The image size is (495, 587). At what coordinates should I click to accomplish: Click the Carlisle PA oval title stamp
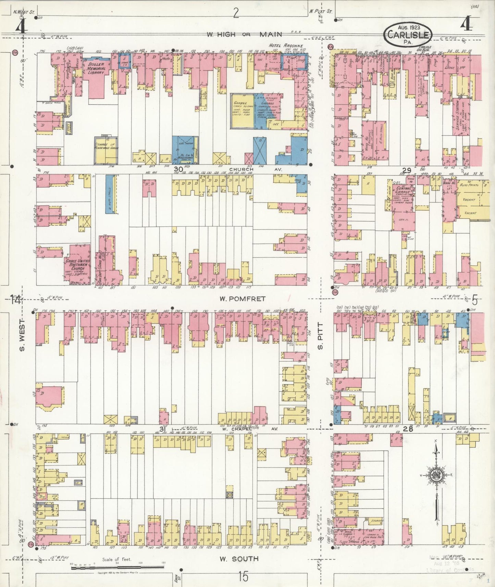(x=408, y=35)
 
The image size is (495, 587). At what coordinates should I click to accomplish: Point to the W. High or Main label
(x=244, y=34)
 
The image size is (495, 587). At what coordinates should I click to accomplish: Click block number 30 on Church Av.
(x=178, y=169)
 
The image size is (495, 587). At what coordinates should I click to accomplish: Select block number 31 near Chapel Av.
(x=162, y=429)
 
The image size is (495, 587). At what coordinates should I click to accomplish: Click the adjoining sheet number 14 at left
(x=15, y=300)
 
